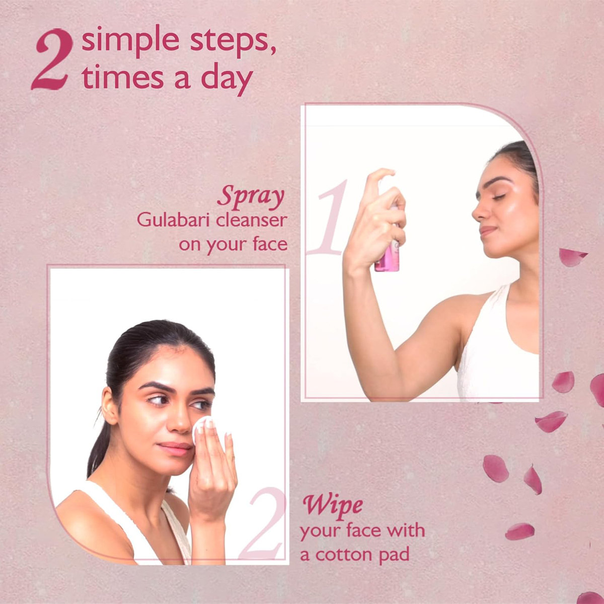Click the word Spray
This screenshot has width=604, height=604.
pyautogui.click(x=251, y=196)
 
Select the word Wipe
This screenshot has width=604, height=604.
pyautogui.click(x=332, y=505)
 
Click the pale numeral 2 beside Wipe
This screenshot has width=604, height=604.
pyautogui.click(x=262, y=526)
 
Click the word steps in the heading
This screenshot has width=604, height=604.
pyautogui.click(x=236, y=41)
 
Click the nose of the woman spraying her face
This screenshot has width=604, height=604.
pyautogui.click(x=477, y=213)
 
